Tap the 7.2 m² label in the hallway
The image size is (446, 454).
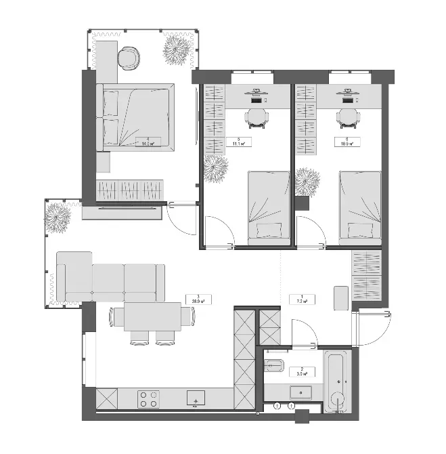(298, 299)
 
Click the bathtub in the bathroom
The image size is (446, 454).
(336, 381)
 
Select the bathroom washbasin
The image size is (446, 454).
(299, 392)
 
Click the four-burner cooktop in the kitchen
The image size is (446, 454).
(148, 399)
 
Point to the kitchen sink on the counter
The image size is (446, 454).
(196, 398)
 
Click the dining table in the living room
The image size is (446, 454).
(152, 317)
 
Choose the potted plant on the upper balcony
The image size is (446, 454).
(179, 49)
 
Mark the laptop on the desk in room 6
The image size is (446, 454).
(348, 99)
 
